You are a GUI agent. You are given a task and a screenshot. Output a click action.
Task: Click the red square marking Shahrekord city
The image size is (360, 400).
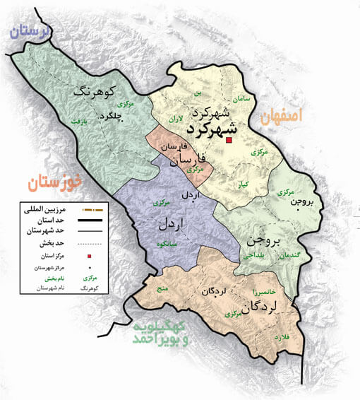[x=229, y=142]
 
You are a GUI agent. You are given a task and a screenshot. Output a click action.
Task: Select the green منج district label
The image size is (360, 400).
[x=161, y=288]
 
